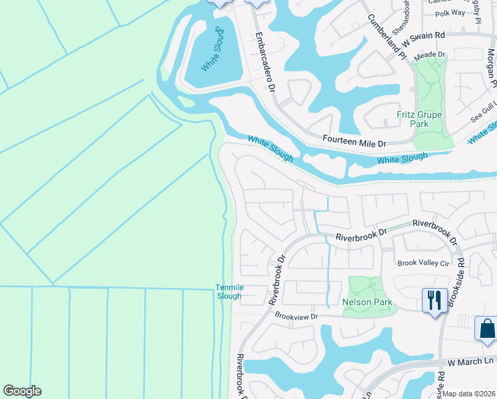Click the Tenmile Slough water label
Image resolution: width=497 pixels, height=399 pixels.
click(227, 291)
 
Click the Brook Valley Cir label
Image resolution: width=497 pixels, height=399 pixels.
click(423, 263)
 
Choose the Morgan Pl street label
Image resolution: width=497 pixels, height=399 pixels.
click(490, 70)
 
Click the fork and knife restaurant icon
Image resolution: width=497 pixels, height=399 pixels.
click(435, 299)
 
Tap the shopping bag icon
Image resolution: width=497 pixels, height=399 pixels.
click(486, 328)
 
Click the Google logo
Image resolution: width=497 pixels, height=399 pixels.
click(22, 391)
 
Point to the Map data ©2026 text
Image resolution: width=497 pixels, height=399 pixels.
click(470, 394)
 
